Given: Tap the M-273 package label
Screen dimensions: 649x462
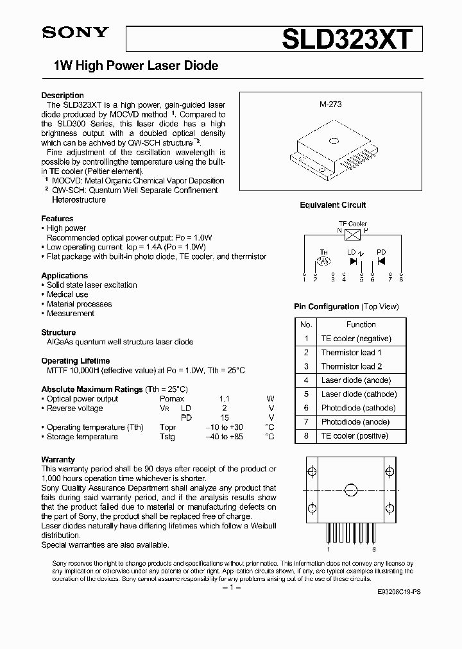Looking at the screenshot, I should (x=330, y=103).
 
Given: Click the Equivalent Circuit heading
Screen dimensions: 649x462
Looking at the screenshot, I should (x=332, y=205).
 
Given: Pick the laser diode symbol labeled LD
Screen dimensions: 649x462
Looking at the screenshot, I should (x=353, y=261).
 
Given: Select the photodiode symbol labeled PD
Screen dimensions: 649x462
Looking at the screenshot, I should (x=381, y=261).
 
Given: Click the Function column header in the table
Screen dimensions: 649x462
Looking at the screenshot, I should (x=361, y=324).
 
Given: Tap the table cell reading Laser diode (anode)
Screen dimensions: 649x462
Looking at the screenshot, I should (x=355, y=380).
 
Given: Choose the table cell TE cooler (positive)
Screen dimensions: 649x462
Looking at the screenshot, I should (x=355, y=436).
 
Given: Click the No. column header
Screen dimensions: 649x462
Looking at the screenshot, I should (x=306, y=324).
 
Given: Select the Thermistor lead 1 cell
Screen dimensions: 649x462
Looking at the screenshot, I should (x=352, y=352).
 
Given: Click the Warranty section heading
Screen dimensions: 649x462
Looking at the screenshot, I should (x=58, y=460).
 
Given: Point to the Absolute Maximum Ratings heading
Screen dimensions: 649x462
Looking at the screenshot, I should (x=92, y=389).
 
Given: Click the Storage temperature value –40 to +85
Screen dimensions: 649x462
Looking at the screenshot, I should (x=223, y=437).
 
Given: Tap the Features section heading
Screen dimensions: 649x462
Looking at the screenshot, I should (x=57, y=219).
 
